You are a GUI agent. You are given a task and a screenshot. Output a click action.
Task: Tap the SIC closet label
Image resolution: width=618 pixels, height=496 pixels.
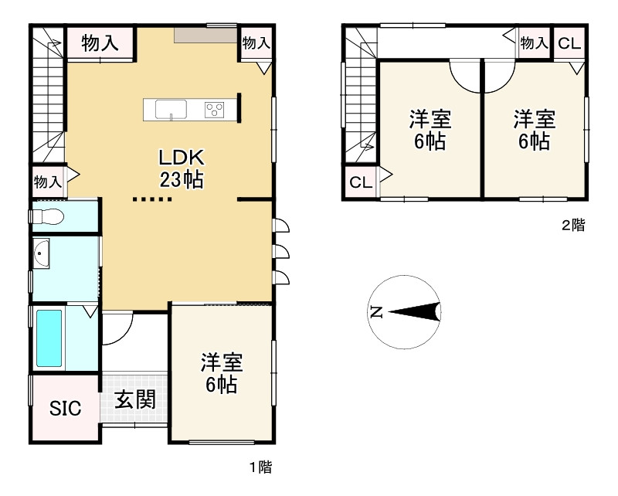pos(66,409)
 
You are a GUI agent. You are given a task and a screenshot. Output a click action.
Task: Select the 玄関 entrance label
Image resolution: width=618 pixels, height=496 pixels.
pos(135,399)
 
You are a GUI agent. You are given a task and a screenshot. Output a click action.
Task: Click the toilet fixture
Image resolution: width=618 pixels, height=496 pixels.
pos(48,217)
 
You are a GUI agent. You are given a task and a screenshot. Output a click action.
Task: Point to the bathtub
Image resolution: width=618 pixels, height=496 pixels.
pos(49,338)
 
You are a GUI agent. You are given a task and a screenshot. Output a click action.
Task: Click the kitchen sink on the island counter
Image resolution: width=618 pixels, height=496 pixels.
pos(170,109)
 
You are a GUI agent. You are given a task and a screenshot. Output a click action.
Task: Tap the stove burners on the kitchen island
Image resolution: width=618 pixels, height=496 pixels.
pos(214,110)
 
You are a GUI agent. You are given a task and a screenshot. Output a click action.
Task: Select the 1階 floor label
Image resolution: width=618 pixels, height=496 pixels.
pos(260,467)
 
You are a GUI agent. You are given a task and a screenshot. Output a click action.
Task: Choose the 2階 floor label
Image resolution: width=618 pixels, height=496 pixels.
pos(572,226)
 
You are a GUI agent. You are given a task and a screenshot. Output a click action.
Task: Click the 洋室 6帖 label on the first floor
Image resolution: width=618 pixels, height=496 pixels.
pos(222,373)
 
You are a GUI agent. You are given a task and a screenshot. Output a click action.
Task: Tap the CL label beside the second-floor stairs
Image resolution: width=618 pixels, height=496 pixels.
pos(361,183)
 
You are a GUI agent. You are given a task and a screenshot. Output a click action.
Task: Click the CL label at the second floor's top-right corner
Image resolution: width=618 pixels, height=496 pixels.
pos(569,43)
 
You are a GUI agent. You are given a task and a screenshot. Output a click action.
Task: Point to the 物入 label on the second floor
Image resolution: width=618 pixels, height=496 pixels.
pos(533,43)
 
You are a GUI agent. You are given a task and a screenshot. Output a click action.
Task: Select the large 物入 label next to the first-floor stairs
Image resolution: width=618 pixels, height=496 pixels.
pos(100,43)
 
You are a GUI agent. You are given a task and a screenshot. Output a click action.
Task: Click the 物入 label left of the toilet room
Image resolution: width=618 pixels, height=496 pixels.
pos(47,182)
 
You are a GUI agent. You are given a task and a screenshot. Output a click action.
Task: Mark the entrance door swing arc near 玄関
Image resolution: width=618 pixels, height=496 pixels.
pos(116,331)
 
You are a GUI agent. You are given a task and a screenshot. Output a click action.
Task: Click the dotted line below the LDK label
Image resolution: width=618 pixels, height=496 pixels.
pos(151,199)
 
